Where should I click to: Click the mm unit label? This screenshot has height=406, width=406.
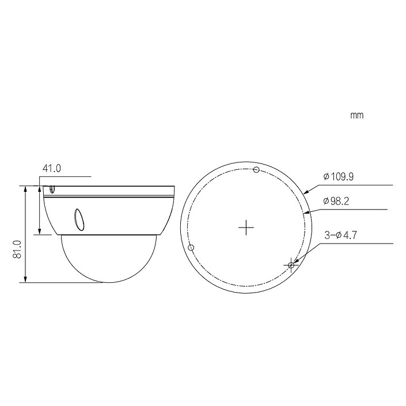[357, 115]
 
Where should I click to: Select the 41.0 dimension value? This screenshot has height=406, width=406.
[52, 169]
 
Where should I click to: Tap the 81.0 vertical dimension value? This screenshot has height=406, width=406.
[17, 249]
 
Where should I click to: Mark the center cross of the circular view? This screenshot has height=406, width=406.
[246, 228]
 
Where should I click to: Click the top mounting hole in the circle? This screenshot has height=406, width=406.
[256, 170]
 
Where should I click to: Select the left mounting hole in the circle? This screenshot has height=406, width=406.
[191, 248]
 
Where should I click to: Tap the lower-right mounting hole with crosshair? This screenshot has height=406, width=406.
[291, 265]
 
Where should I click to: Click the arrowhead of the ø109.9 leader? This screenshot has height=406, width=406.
[305, 192]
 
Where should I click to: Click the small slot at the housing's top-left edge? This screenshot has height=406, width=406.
[52, 188]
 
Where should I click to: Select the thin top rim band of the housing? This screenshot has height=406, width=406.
[109, 192]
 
